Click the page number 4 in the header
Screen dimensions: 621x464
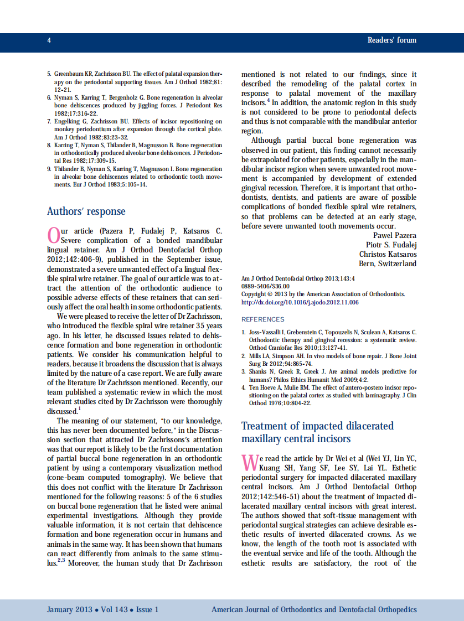pyautogui.click(x=49, y=40)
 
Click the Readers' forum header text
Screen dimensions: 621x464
pyautogui.click(x=391, y=40)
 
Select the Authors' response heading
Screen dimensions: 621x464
pyautogui.click(x=86, y=211)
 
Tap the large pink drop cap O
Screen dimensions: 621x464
pyautogui.click(x=53, y=235)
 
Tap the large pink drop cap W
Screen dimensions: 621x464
pyautogui.click(x=250, y=462)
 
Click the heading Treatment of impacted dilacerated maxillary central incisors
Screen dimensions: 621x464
pyautogui.click(x=317, y=432)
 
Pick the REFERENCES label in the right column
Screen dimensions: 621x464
pyautogui.click(x=262, y=319)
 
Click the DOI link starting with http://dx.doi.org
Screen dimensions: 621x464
pyautogui.click(x=300, y=303)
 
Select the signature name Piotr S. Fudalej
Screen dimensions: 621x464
pyautogui.click(x=391, y=245)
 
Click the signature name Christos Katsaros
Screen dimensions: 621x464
pyautogui.click(x=388, y=254)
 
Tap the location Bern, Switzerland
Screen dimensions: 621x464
pyautogui.click(x=388, y=263)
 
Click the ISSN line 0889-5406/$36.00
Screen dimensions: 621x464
pyautogui.click(x=265, y=286)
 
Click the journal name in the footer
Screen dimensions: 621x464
pyautogui.click(x=314, y=609)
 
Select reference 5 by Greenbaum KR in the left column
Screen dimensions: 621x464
pyautogui.click(x=134, y=81)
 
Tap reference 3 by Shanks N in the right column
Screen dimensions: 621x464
pyautogui.click(x=329, y=375)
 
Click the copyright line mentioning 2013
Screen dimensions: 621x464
pyautogui.click(x=323, y=294)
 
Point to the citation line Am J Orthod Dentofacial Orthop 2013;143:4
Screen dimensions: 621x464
pyautogui.click(x=298, y=278)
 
